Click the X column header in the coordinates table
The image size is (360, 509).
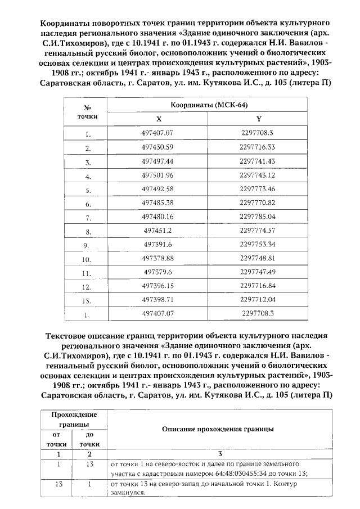pos(158,119)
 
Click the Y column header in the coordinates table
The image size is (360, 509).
pos(258,119)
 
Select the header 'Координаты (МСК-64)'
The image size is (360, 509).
pos(209,105)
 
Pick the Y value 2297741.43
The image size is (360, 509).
pos(257,161)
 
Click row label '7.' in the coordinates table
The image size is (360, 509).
pos(88,217)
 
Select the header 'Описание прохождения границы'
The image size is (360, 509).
pos(218,429)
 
